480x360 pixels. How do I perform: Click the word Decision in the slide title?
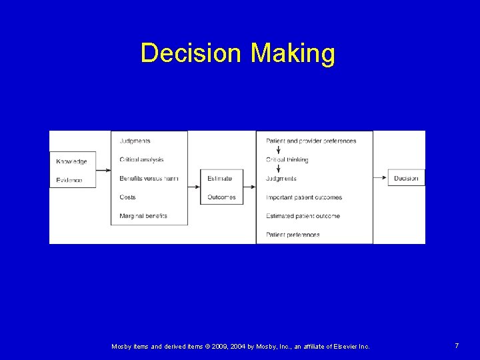pos(191,53)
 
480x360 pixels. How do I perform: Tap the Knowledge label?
pos(71,161)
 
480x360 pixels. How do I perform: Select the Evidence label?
pos(69,180)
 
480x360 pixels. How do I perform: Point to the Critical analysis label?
pos(141,159)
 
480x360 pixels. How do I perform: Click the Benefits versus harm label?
pos(149,179)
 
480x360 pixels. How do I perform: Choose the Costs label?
pos(127,197)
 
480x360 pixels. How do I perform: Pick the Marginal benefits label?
pos(143,216)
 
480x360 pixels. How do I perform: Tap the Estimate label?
pos(219,179)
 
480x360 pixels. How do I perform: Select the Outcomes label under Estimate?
pos(221,197)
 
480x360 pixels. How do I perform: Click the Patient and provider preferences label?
pos(311,141)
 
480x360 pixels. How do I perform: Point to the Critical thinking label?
pos(287,160)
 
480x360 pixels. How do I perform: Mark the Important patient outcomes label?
pos(303,197)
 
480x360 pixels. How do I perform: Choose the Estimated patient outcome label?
pos(303,216)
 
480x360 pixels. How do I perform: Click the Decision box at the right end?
pos(406,178)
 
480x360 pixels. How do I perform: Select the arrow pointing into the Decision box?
pos(381,178)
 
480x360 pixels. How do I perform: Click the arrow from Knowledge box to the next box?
pos(103,170)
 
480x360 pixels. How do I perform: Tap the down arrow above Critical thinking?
pos(277,151)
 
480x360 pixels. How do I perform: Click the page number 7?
pos(457,345)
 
